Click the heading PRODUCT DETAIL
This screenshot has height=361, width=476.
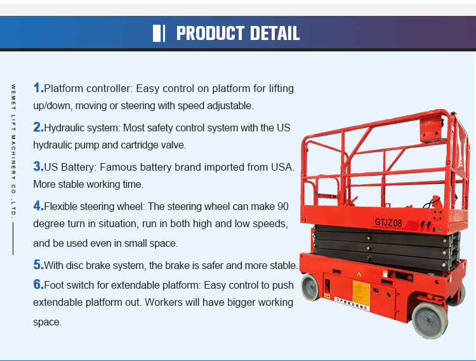[x=238, y=33]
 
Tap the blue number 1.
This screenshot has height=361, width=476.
[x=38, y=88]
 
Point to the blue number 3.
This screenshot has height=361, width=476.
[x=38, y=166]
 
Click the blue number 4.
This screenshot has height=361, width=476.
[x=38, y=206]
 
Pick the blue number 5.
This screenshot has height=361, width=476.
[x=38, y=265]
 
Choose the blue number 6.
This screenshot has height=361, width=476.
[x=38, y=284]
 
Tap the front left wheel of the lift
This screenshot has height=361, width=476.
[x=310, y=287]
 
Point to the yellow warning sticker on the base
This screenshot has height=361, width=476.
[x=361, y=292]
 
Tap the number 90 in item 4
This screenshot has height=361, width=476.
[x=282, y=207]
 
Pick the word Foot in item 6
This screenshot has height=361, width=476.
[x=54, y=285]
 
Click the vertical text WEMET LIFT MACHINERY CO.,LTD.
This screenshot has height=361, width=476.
[x=13, y=150]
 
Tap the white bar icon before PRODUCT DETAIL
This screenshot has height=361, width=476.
[x=159, y=33]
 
